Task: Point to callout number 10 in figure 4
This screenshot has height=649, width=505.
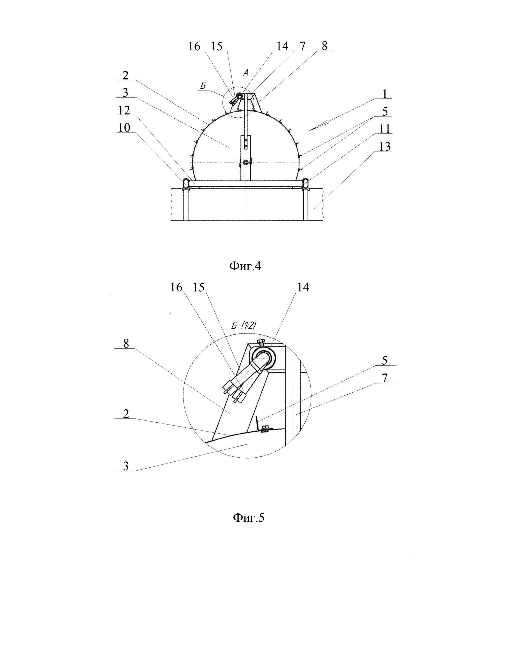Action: coord(124,128)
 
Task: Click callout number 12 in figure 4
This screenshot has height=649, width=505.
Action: coord(124,110)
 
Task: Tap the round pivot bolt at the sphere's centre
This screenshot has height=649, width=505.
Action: coord(245,162)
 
